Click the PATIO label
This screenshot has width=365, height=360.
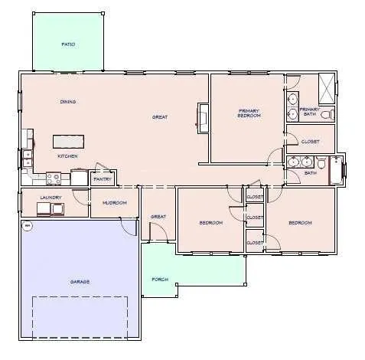pos(68,44)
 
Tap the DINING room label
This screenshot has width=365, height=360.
pos(68,102)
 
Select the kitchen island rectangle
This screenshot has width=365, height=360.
pos(68,141)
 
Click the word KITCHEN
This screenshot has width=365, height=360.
pos(68,156)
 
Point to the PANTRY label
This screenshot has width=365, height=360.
pos(103,180)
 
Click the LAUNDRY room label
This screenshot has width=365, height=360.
pos(50,198)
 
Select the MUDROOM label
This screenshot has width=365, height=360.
pos(114,203)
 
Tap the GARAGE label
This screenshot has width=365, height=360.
pos(80,282)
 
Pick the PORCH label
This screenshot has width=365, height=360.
pos(159,279)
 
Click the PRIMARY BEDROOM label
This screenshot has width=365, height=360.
pos(249,113)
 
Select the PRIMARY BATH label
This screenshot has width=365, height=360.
pos(309,111)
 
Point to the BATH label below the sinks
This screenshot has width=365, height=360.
pos(310,173)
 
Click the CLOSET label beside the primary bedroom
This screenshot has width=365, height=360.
pos(310,142)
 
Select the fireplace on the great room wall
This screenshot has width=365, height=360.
pos(202,117)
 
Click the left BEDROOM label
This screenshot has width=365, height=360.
pos(210,223)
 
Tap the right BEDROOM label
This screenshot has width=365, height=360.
pos(300,223)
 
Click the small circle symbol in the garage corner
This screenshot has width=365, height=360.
pos(27,225)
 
